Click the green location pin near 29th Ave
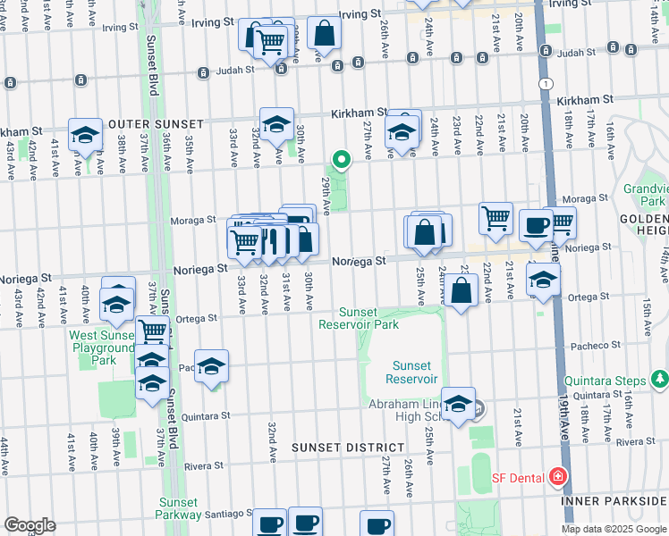(x=341, y=161)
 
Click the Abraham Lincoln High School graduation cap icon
(x=458, y=404)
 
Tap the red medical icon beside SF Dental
(x=559, y=477)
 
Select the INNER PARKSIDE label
(x=614, y=500)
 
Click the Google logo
(x=30, y=524)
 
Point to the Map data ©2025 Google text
(x=614, y=529)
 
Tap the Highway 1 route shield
(x=544, y=82)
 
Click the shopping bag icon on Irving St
(x=324, y=33)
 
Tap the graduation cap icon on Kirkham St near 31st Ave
(x=277, y=124)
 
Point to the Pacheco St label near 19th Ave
(x=597, y=345)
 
